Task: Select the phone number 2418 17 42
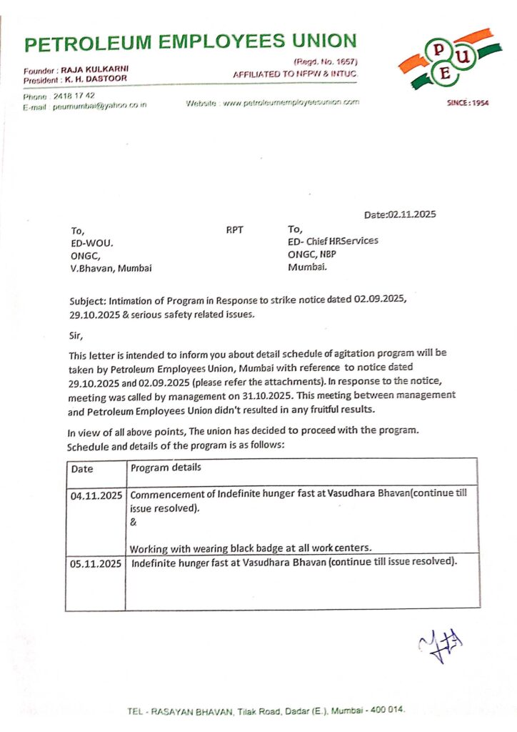74,95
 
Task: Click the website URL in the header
290,103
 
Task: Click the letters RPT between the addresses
234,231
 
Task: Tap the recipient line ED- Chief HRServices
333,242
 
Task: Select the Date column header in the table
82,469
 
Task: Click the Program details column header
166,468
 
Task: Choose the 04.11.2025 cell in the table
96,495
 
